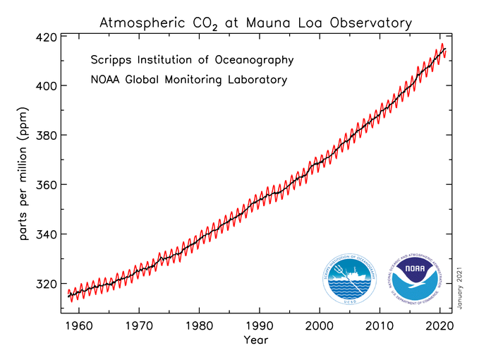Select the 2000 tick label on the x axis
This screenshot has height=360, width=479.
(x=320, y=328)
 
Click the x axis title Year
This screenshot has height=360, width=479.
(x=255, y=341)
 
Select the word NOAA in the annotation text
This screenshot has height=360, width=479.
(x=107, y=80)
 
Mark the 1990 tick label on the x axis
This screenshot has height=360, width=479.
(x=260, y=328)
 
